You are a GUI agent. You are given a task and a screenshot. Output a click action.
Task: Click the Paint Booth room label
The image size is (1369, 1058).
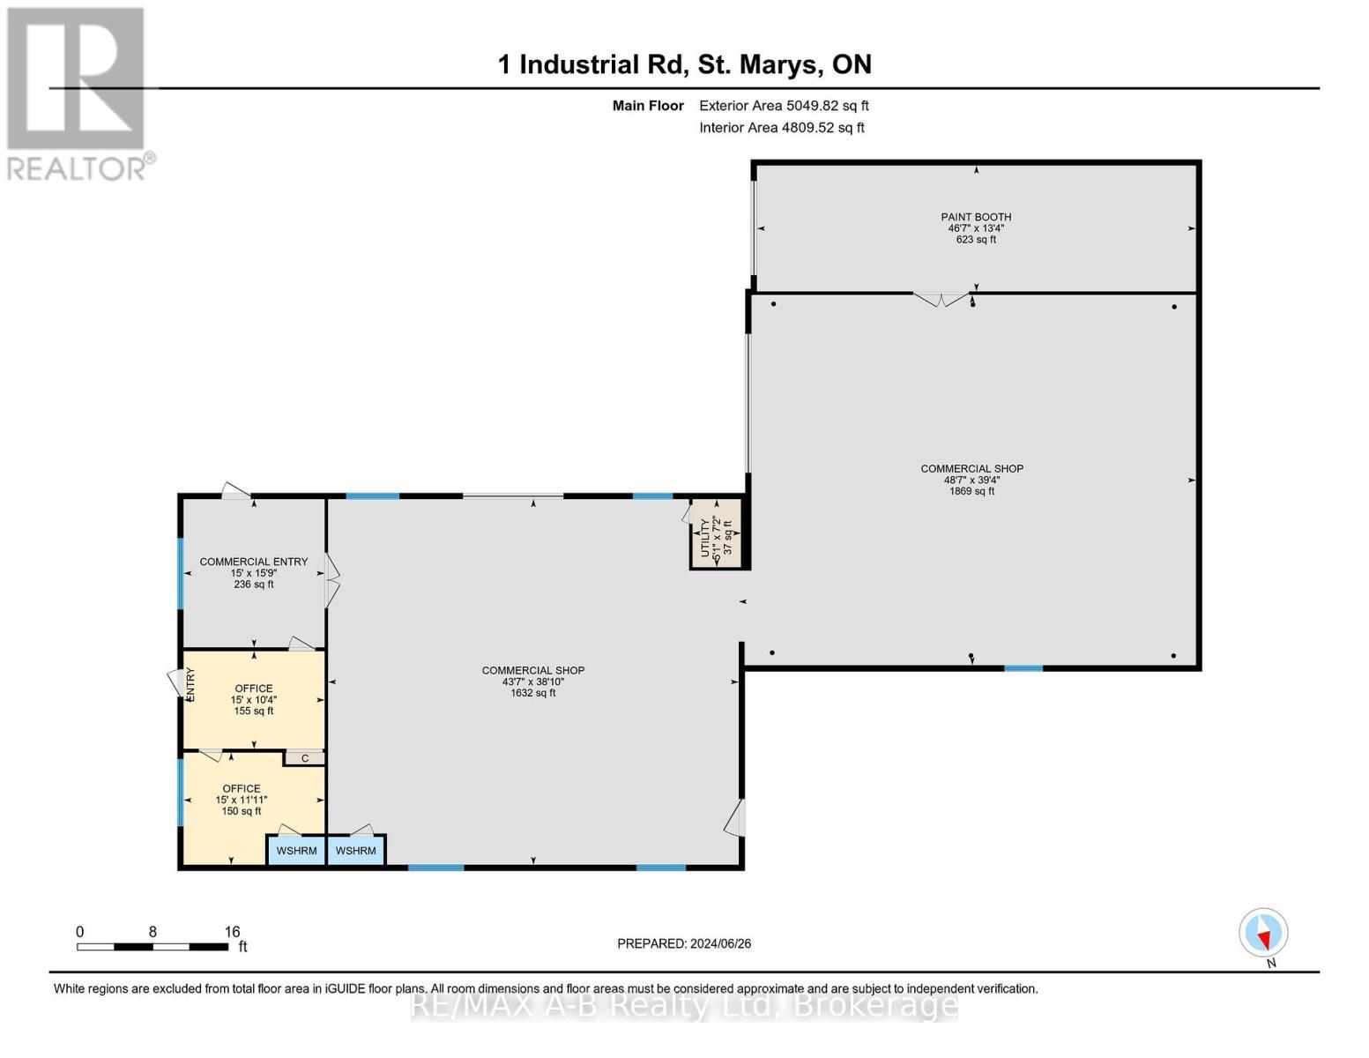click(x=975, y=217)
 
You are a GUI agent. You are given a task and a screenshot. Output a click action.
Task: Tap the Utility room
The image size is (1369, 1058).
click(x=715, y=534)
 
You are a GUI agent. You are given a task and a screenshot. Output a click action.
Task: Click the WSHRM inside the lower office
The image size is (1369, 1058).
click(x=296, y=851)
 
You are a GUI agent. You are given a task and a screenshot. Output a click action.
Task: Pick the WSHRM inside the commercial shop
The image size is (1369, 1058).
click(x=356, y=851)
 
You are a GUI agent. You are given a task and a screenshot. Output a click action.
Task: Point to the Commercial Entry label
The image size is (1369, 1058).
click(x=254, y=562)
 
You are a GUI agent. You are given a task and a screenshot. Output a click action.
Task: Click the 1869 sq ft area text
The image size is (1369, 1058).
click(x=971, y=491)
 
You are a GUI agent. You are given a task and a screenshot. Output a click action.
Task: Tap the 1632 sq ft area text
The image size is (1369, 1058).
click(x=533, y=693)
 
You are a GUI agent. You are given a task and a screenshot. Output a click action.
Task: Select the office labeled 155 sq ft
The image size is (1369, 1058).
click(x=254, y=699)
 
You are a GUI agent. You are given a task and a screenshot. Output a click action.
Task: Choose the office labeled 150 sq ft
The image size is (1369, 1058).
click(x=242, y=800)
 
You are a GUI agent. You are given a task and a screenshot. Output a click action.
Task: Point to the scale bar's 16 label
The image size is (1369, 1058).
click(x=232, y=932)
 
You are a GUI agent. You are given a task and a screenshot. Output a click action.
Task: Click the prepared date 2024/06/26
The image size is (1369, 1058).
click(x=684, y=943)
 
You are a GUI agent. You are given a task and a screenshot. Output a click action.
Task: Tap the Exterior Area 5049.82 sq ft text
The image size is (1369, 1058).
click(x=784, y=106)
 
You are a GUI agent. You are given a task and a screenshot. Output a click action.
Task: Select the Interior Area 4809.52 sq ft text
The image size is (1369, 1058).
click(x=782, y=128)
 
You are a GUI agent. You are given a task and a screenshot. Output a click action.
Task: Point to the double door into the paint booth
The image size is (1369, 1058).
click(x=941, y=300)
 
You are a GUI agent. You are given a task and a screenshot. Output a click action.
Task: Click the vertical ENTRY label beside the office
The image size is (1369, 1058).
click(x=190, y=684)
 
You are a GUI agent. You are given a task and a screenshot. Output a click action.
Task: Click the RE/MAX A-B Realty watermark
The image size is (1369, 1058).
click(x=684, y=1005)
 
